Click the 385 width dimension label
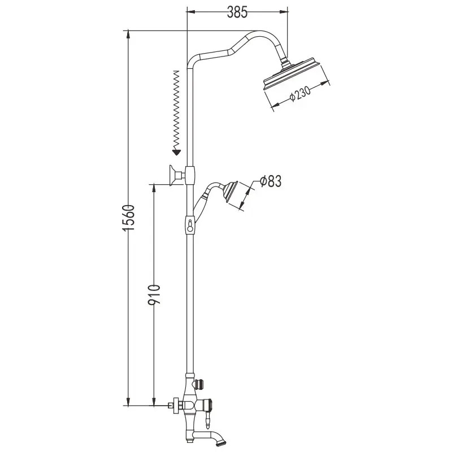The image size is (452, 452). [237, 12]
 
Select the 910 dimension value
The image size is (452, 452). [154, 295]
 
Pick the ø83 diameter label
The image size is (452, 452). [270, 181]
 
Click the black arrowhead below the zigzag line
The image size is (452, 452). [176, 152]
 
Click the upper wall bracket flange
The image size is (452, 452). [173, 176]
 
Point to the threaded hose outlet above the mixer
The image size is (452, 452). [201, 384]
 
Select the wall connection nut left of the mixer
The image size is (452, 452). [176, 406]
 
